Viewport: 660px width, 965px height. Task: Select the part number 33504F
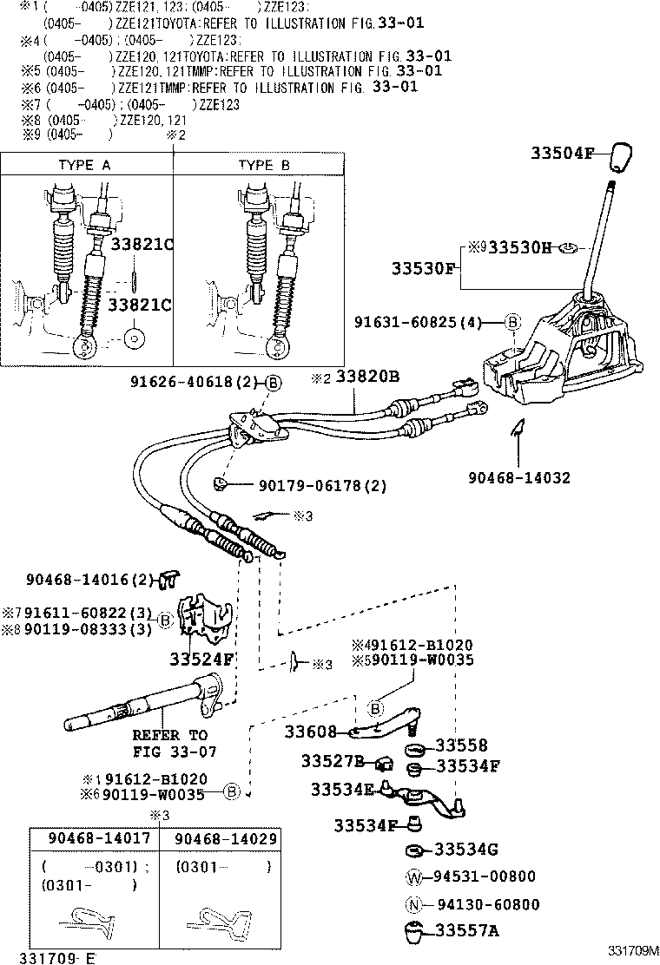pyautogui.click(x=561, y=154)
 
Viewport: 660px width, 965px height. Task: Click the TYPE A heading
pyautogui.click(x=84, y=164)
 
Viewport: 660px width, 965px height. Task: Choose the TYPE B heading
pyautogui.click(x=264, y=164)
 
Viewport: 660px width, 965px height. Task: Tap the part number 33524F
pyautogui.click(x=201, y=658)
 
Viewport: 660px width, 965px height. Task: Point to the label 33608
pyautogui.click(x=310, y=732)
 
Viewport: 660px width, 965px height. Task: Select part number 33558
pyautogui.click(x=461, y=745)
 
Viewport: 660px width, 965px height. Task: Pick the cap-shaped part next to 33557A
pyautogui.click(x=414, y=934)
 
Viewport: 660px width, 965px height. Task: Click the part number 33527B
pyautogui.click(x=333, y=761)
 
